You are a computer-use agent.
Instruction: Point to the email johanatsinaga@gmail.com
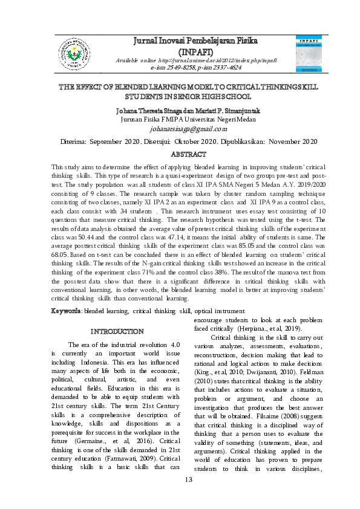(180, 128)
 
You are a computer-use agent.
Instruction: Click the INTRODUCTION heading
(116, 331)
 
